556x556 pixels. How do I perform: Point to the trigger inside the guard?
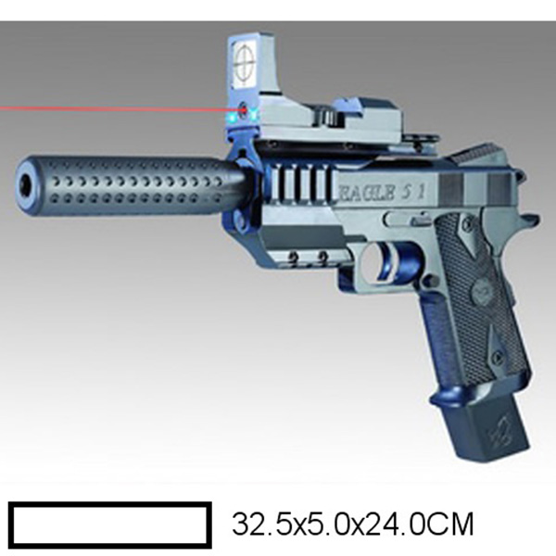click(x=384, y=263)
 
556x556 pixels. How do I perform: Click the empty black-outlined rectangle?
click(x=110, y=525)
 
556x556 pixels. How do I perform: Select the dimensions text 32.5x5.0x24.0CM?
click(x=353, y=524)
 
